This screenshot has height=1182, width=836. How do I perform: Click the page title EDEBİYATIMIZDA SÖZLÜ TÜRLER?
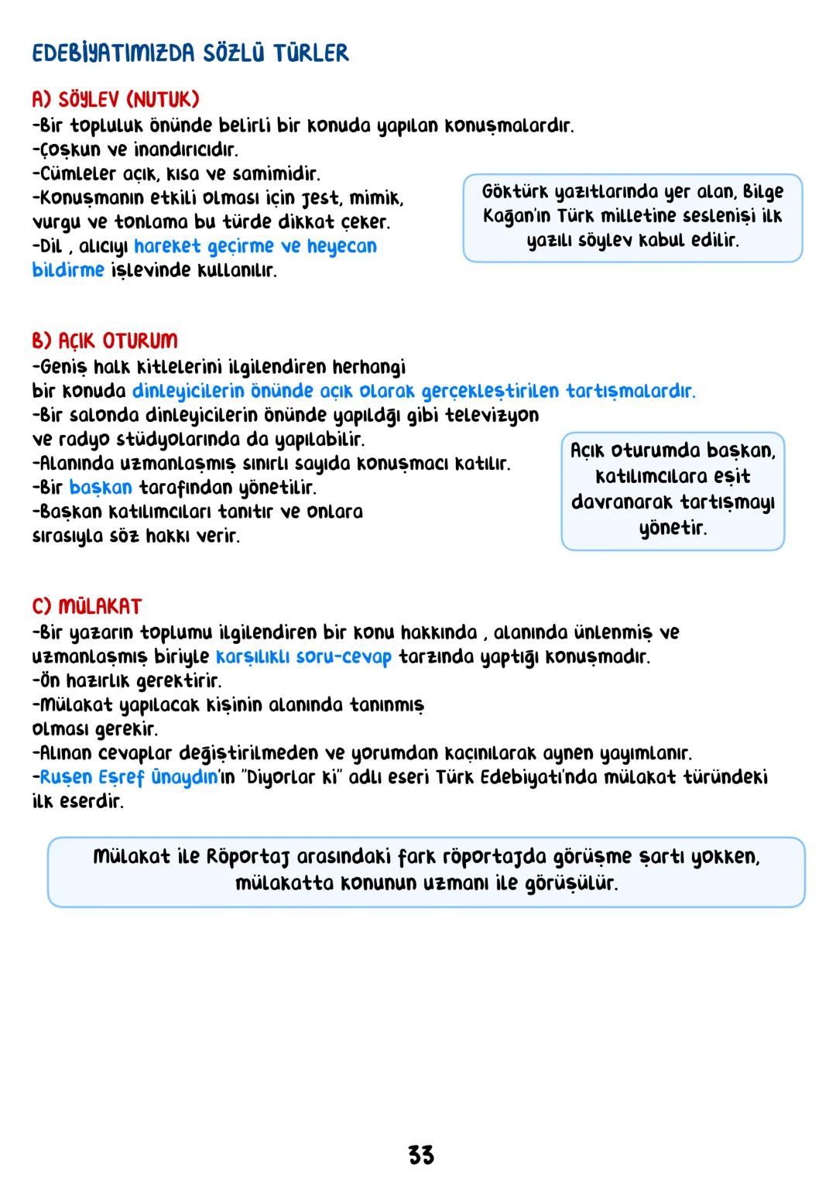click(x=190, y=53)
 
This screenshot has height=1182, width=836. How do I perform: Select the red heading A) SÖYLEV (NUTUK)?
click(x=115, y=100)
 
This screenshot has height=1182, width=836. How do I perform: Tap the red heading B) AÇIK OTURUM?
click(x=104, y=341)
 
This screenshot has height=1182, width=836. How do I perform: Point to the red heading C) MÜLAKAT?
click(x=87, y=606)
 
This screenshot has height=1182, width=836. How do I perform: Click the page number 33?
click(x=421, y=1156)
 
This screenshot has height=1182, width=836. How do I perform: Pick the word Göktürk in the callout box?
click(x=515, y=191)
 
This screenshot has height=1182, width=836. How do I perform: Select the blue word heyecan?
click(x=341, y=246)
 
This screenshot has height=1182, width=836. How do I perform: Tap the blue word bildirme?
click(x=68, y=270)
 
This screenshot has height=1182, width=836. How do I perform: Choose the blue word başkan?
click(x=101, y=488)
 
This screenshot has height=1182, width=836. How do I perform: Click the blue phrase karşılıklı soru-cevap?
click(x=303, y=657)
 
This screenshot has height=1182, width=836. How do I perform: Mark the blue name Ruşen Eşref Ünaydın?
click(x=129, y=777)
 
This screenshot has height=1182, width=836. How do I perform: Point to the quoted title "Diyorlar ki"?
click(x=292, y=777)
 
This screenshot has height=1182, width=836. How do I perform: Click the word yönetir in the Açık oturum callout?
click(x=673, y=529)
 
